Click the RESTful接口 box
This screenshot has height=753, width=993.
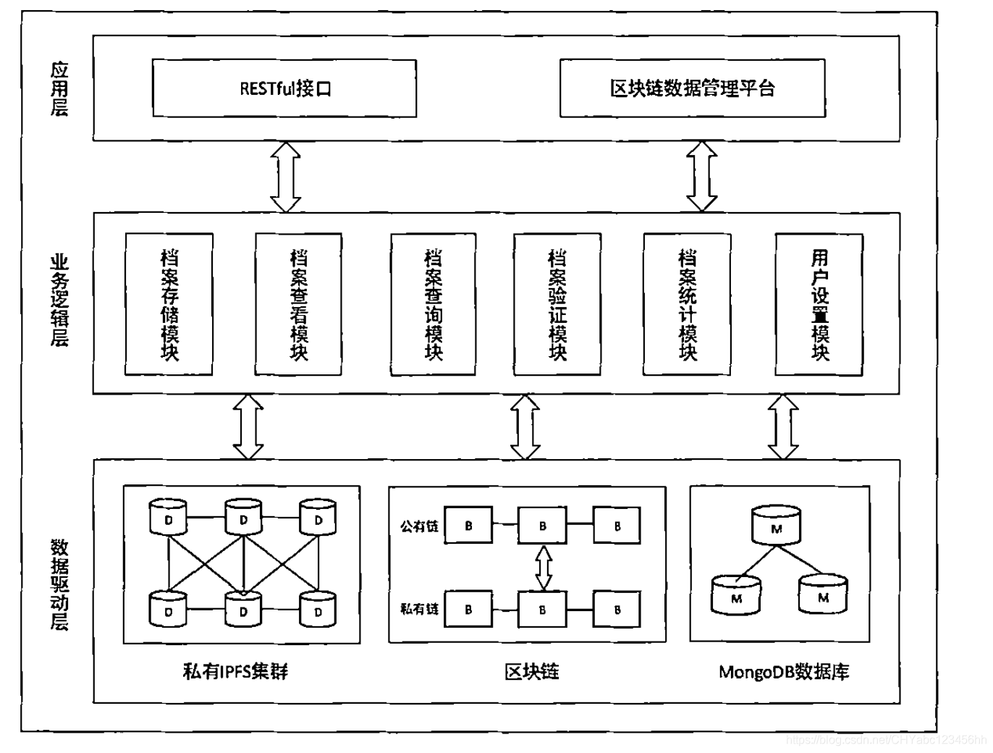284,88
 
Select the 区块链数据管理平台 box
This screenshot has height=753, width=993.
692,88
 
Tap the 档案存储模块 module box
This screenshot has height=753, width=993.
169,304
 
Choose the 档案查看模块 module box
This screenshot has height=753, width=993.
298,304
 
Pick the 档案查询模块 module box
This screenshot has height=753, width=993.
433,304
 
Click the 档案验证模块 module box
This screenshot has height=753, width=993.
557,304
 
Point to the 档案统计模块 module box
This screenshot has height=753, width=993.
687,304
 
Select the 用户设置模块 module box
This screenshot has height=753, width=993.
819,304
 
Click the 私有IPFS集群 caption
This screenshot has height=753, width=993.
236,672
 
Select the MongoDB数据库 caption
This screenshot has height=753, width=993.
784,672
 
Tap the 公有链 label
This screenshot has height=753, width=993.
419,526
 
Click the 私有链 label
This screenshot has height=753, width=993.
419,609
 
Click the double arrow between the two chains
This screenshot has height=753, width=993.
543,568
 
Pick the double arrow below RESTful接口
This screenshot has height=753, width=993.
285,177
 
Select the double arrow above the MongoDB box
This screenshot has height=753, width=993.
783,426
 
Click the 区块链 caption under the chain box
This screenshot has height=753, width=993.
532,672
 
